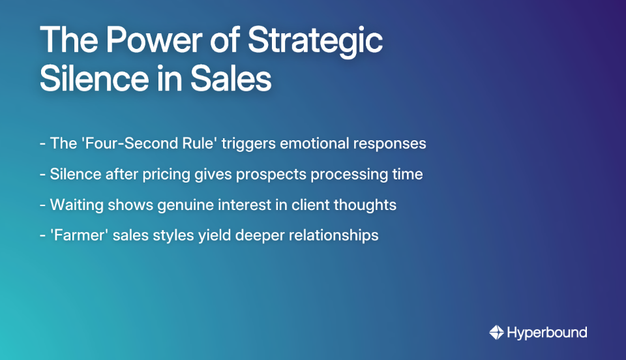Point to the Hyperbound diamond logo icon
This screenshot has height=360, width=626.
tap(496, 333)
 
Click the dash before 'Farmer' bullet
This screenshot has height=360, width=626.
tap(42, 235)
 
